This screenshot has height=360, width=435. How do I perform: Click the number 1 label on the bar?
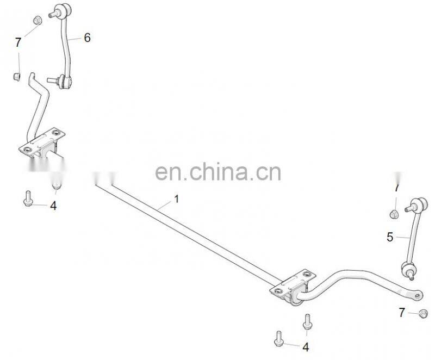click(176, 199)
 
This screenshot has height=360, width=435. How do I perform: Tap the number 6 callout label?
click(86, 38)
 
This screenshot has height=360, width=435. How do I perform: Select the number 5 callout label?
click(390, 237)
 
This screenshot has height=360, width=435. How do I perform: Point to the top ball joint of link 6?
click(60, 10)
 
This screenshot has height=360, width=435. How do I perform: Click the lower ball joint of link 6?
click(66, 82)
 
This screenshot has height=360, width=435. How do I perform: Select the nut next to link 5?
click(395, 213)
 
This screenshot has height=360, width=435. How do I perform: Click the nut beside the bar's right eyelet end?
click(422, 313)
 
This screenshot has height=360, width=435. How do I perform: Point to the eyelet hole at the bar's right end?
click(417, 295)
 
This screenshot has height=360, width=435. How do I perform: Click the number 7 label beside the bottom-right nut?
click(402, 312)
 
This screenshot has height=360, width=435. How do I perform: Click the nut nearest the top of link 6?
click(37, 20)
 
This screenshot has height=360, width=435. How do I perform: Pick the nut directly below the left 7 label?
click(17, 76)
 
